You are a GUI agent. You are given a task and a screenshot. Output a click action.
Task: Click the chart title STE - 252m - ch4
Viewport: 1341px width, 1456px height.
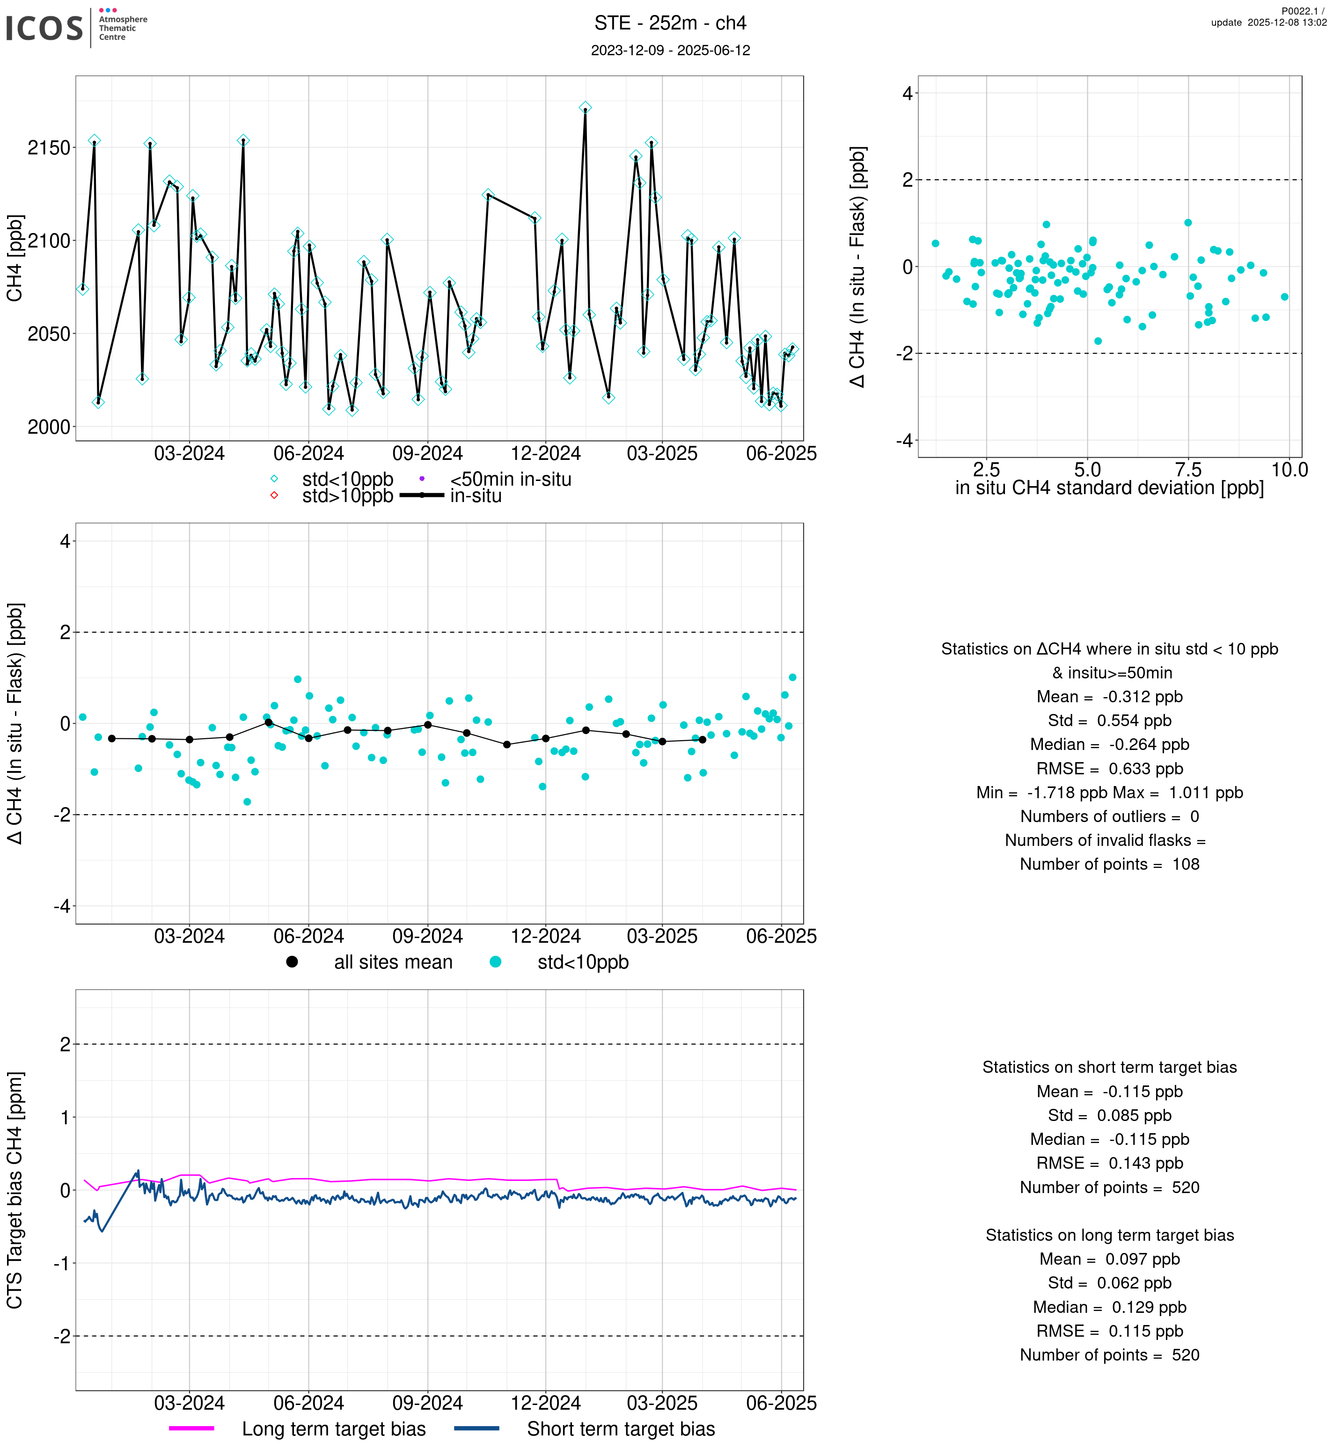point(670,23)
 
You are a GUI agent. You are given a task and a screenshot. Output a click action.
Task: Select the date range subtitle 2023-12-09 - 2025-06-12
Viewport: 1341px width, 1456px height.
point(670,50)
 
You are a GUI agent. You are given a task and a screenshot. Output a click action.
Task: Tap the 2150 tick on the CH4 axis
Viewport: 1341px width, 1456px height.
point(49,148)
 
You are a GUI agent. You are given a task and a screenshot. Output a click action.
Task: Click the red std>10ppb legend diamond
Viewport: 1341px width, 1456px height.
point(274,495)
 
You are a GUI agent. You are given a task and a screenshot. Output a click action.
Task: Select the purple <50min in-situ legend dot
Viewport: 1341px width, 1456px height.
point(422,479)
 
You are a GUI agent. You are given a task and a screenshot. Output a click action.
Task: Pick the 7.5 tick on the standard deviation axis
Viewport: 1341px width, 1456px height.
point(1188,469)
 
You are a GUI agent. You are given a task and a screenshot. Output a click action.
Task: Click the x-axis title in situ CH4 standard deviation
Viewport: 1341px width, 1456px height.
point(1109,488)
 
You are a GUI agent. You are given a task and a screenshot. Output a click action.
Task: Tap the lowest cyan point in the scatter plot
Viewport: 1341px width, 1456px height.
point(1098,341)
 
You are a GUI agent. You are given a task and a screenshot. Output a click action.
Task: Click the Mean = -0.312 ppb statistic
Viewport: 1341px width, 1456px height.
point(1109,697)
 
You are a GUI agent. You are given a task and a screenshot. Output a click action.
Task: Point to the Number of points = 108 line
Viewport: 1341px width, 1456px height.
point(1109,864)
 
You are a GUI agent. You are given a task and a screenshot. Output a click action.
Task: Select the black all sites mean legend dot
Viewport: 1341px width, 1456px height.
point(292,962)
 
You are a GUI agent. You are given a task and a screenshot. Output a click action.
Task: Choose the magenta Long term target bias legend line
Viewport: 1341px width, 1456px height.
point(191,1428)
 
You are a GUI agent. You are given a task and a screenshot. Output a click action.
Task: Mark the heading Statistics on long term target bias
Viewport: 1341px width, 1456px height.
point(1109,1235)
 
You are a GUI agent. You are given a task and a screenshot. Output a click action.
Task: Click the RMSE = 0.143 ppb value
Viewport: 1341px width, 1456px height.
point(1109,1163)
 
